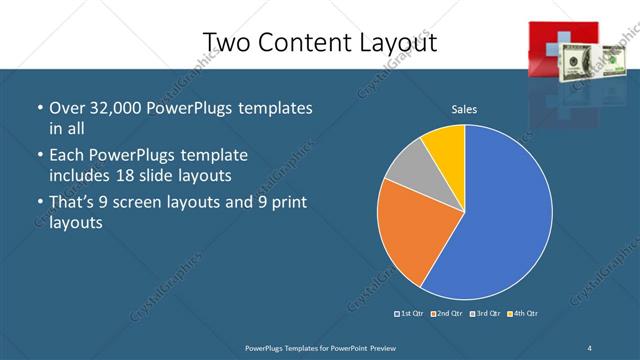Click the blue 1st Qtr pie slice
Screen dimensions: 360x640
[500, 215]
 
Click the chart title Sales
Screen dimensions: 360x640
[464, 108]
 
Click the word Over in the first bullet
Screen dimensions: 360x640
[66, 107]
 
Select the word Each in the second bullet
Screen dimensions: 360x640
[66, 155]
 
